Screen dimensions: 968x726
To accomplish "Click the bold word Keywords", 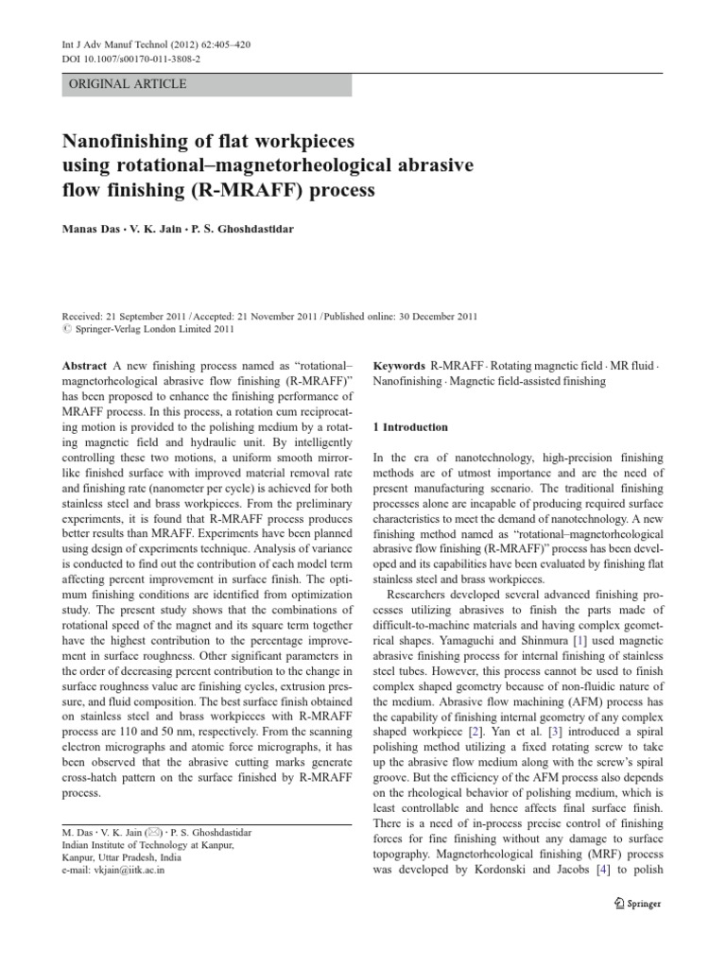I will (400, 365).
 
